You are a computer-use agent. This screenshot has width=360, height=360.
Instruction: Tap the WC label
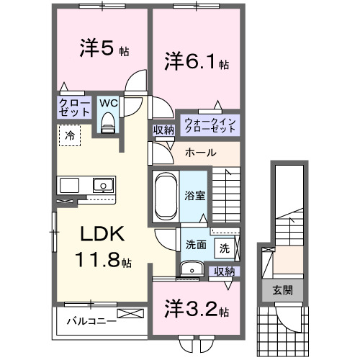108,103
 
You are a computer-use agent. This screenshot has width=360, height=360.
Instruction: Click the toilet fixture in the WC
108,123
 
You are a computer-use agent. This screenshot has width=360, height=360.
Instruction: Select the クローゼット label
74,108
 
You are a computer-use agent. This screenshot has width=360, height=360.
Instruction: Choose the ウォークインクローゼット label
210,125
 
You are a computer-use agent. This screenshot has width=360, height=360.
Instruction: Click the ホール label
200,153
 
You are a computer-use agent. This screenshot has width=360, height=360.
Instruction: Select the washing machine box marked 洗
225,248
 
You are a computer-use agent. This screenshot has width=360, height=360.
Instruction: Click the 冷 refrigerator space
70,135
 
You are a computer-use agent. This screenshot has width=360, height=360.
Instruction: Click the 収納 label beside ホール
163,130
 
